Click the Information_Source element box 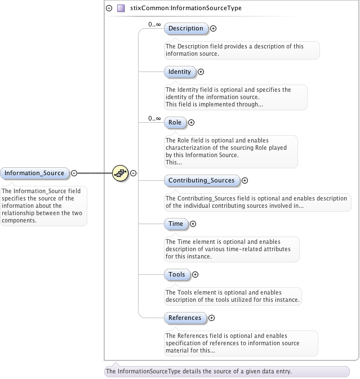tap(35, 173)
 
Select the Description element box tap(185, 28)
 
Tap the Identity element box tap(180, 72)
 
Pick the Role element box tap(175, 122)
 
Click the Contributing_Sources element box tap(201, 181)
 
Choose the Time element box tap(176, 224)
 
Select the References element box tap(185, 318)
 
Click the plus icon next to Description tap(214, 28)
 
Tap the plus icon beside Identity tap(201, 72)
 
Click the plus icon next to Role tap(191, 122)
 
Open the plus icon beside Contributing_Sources tap(245, 181)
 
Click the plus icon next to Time tap(193, 224)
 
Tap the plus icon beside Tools tap(195, 274)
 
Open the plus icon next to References tap(211, 318)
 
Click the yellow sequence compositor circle tap(120, 173)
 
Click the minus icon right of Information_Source tap(74, 173)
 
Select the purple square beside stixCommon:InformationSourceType tap(121, 8)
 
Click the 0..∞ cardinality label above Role tap(154, 118)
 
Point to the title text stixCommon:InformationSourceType tap(179, 8)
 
